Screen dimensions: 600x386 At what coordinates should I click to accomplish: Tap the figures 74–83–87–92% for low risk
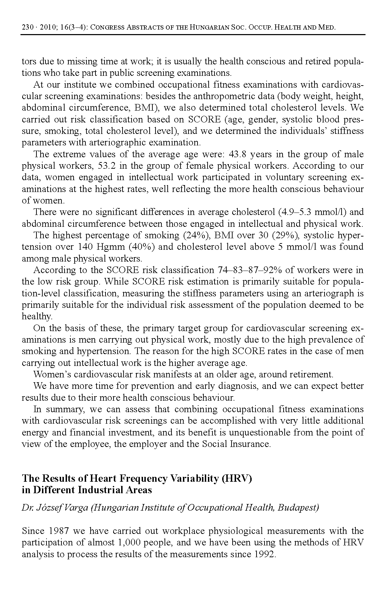(245, 270)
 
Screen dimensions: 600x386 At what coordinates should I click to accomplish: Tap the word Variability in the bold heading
(194, 479)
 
